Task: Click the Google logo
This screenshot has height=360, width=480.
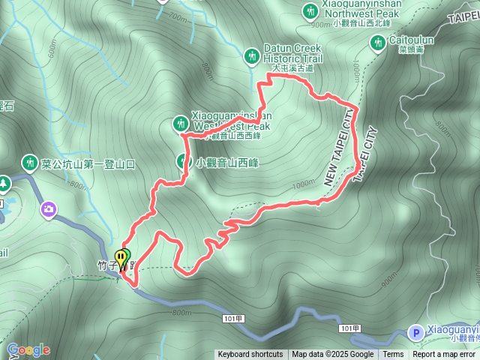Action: pyautogui.click(x=28, y=349)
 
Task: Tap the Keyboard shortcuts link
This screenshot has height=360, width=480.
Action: pyautogui.click(x=250, y=355)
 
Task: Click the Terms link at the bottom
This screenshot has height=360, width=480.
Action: pyautogui.click(x=393, y=355)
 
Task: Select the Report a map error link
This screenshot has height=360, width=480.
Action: pyautogui.click(x=445, y=355)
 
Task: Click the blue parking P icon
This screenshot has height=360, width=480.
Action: pyautogui.click(x=415, y=331)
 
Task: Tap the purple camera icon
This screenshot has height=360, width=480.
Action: pyautogui.click(x=49, y=208)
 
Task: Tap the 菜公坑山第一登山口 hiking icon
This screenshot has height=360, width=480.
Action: pyautogui.click(x=30, y=161)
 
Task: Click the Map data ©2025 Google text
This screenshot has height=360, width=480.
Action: pyautogui.click(x=333, y=355)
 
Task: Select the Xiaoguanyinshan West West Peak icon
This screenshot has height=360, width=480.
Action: pyautogui.click(x=181, y=122)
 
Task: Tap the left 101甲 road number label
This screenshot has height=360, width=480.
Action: pyautogui.click(x=233, y=319)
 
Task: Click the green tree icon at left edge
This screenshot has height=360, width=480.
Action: pyautogui.click(x=4, y=184)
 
